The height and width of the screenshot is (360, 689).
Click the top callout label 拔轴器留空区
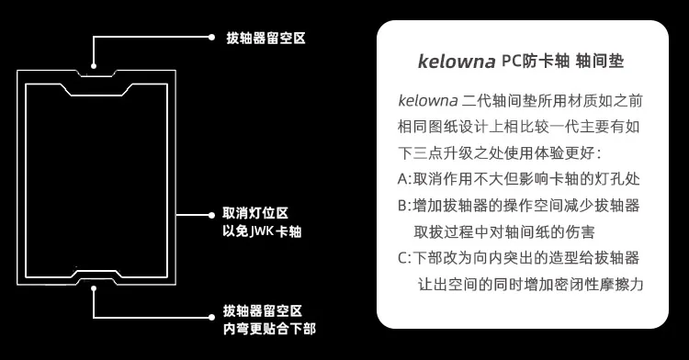click(265, 39)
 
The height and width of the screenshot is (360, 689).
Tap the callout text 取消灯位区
click(254, 211)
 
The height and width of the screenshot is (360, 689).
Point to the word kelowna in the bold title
click(457, 62)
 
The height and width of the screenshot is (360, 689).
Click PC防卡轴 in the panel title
click(536, 62)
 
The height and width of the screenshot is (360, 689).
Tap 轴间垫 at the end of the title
click(604, 62)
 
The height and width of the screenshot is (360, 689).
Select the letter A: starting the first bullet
click(405, 179)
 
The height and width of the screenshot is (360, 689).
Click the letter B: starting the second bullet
click(405, 205)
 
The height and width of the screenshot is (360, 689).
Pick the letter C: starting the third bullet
click(405, 258)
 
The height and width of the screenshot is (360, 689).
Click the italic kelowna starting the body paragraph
click(428, 99)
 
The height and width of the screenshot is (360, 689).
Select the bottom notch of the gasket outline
click(96, 274)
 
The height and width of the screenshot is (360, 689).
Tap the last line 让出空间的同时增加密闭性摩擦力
click(530, 285)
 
